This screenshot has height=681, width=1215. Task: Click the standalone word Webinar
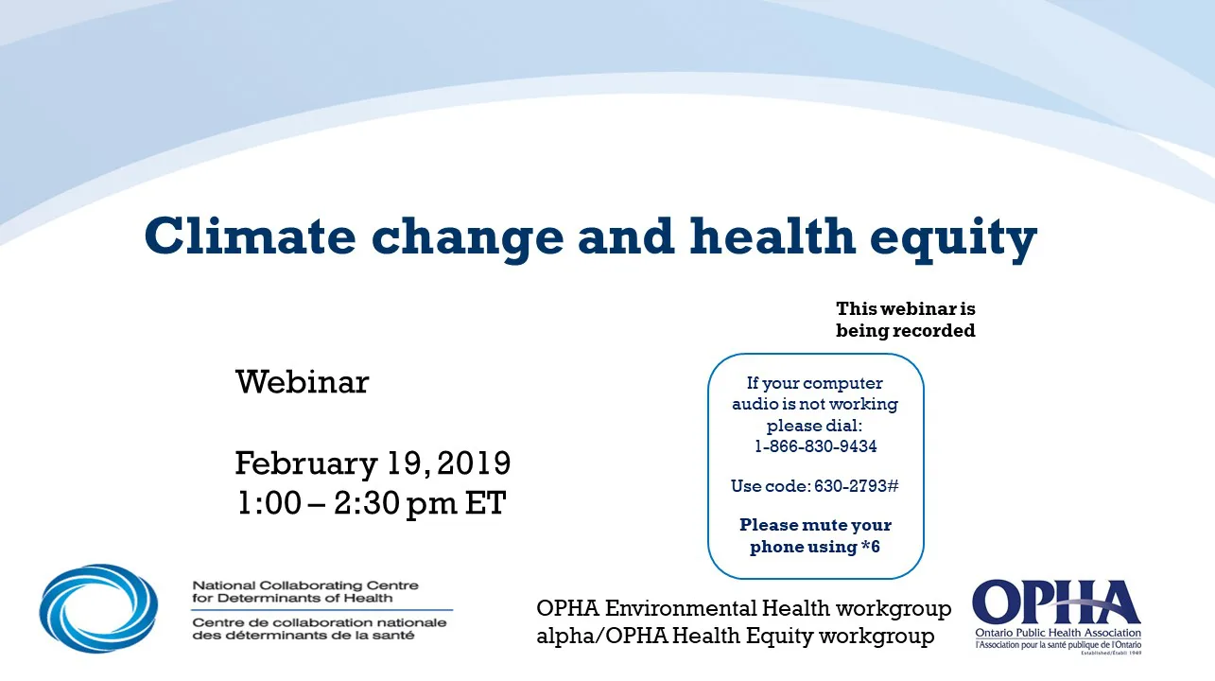tap(302, 383)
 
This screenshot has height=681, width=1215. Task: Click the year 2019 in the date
tap(475, 463)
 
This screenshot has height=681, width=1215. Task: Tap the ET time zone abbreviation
tap(484, 503)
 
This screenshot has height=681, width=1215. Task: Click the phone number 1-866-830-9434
tap(815, 447)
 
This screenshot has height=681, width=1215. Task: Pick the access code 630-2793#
tap(855, 486)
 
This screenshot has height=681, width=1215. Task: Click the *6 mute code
tap(870, 547)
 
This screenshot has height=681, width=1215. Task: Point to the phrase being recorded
tap(905, 331)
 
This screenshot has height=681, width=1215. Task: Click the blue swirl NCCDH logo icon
tap(98, 608)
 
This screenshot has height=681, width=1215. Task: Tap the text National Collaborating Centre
tap(304, 586)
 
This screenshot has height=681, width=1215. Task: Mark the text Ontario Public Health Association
tap(1057, 633)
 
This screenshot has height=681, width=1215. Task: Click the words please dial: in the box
tap(815, 426)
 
